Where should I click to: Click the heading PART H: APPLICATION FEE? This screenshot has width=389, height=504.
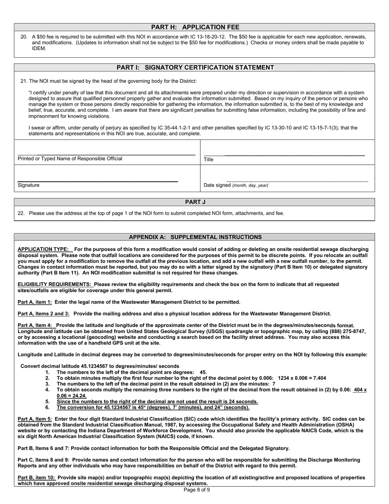195,27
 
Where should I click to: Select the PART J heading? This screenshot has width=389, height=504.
195,202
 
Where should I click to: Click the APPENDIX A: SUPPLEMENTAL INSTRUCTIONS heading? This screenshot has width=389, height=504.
195,237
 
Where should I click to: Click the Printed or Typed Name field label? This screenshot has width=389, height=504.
70,159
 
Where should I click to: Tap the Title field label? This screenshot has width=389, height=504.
208,159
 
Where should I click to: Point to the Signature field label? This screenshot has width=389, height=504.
29,185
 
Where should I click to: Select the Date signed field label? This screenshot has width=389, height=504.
236,185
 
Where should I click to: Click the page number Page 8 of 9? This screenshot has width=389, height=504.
197,490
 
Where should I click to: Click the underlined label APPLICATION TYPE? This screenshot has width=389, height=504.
44,249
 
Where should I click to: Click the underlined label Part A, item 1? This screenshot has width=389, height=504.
35,302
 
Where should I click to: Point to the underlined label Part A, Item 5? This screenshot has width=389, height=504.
35,419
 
